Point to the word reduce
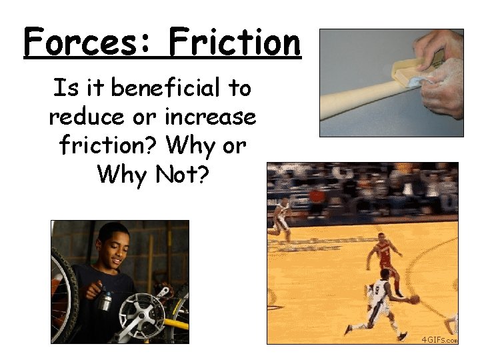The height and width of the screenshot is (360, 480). point(85,117)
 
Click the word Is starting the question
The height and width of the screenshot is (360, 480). point(61,88)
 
